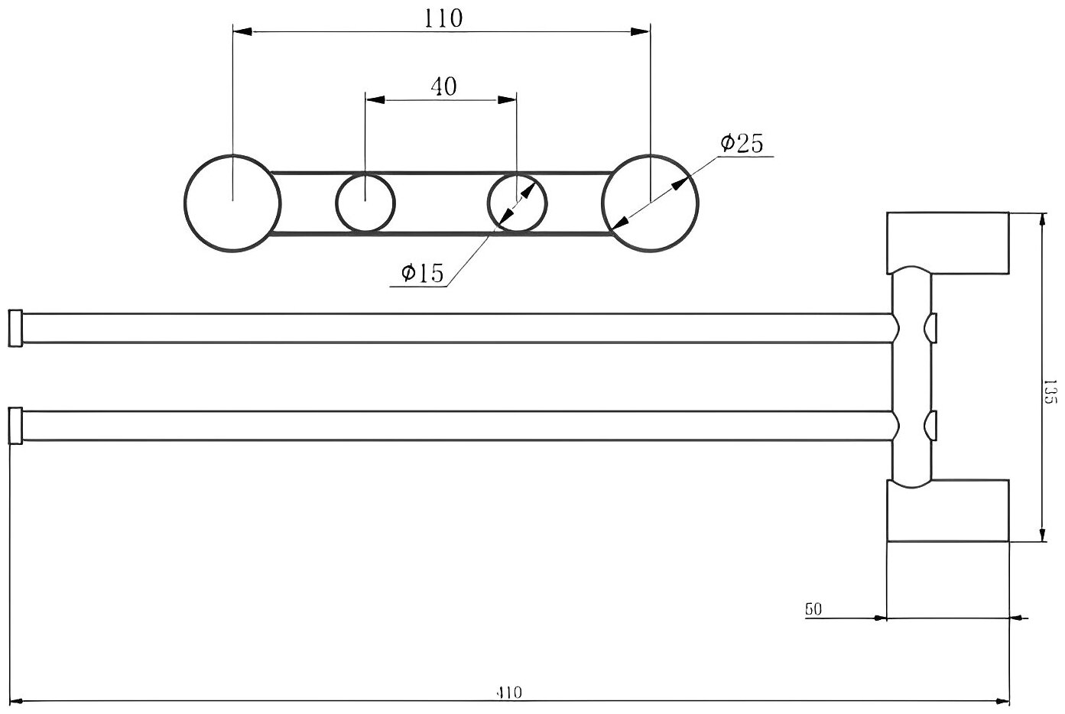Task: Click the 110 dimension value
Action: (x=443, y=18)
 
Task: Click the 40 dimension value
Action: (x=443, y=86)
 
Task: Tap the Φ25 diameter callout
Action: (x=742, y=143)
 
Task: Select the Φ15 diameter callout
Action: (x=421, y=273)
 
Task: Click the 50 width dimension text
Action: (x=813, y=609)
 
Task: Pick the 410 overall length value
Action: (x=508, y=693)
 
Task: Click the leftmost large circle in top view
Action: (x=232, y=203)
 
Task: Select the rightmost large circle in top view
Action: (x=650, y=203)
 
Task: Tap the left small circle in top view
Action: (x=365, y=203)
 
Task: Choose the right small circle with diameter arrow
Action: (x=518, y=203)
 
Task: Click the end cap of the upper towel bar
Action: (x=15, y=328)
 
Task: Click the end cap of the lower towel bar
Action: (x=15, y=426)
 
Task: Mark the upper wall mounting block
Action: (x=948, y=242)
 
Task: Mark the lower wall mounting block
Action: (x=948, y=511)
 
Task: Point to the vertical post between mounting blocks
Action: (x=912, y=377)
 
